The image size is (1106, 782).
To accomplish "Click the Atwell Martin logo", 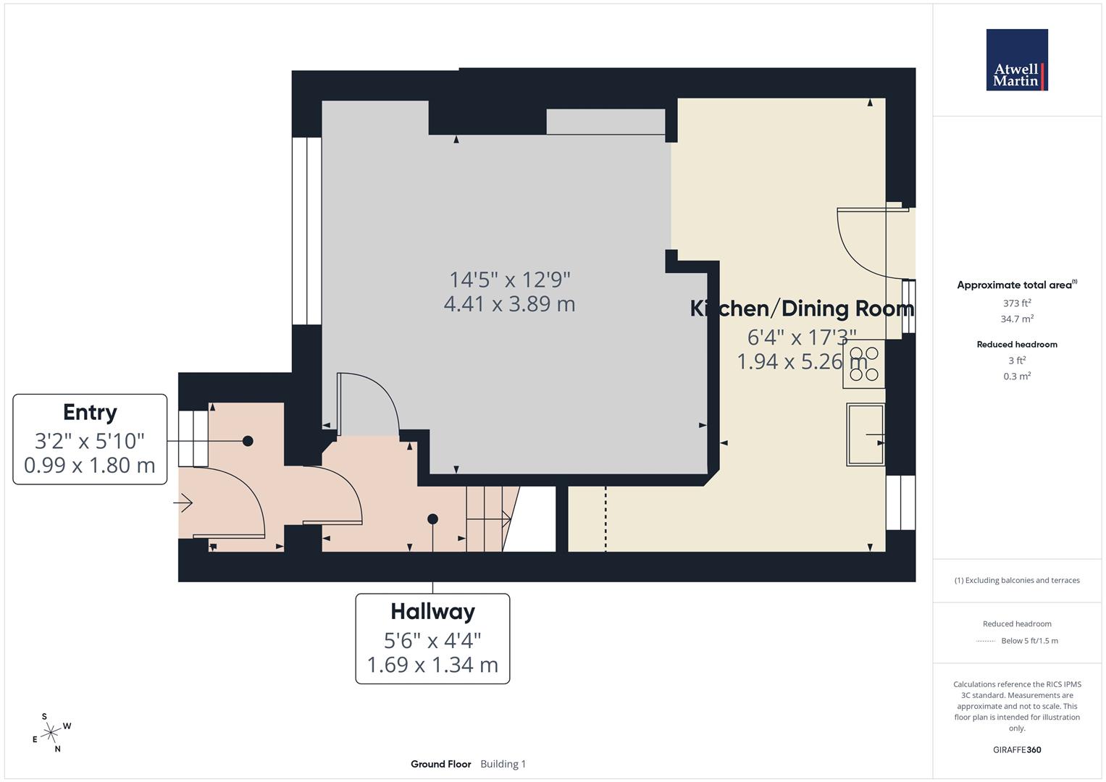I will (1016, 60).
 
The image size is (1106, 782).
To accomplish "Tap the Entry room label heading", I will (90, 412).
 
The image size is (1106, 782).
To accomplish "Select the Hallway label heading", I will (432, 611).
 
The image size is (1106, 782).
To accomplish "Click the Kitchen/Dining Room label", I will (802, 308).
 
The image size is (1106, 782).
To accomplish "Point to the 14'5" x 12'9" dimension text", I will (510, 279).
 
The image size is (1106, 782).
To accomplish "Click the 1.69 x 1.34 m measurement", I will (432, 665).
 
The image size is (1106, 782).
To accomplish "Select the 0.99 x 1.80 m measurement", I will (90, 465).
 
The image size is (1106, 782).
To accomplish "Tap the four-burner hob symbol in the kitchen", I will (864, 363).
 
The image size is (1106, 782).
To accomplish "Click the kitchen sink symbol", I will (866, 434).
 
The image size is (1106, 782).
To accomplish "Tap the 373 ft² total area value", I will (1016, 303).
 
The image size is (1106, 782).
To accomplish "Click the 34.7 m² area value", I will (1016, 319).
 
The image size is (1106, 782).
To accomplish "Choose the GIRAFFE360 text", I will (1016, 749).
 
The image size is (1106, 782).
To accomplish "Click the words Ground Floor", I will (440, 764).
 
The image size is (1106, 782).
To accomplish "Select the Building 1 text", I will (503, 764).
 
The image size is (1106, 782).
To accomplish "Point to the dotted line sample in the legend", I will (986, 641).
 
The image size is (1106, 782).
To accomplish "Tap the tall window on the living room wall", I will (306, 230).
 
